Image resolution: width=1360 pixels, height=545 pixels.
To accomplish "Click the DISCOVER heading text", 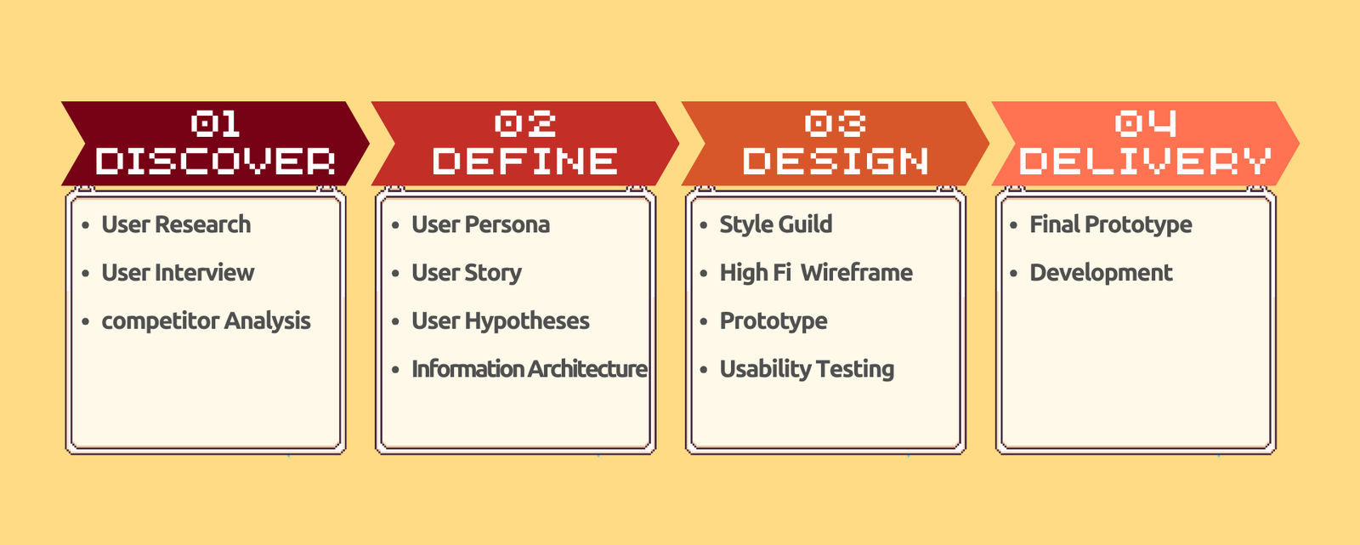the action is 216,161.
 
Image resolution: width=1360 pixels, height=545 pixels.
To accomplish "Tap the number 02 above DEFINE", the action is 525,123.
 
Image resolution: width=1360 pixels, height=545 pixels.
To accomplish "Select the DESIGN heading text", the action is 836,161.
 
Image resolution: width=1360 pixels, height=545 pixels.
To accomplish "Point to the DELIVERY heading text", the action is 1145,161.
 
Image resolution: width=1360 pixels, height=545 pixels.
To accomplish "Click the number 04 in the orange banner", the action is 1147,123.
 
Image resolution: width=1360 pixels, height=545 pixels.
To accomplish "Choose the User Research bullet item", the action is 176,224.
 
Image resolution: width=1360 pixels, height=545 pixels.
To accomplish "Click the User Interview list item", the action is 178,273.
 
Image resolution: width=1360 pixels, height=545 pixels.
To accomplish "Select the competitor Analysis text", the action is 206,321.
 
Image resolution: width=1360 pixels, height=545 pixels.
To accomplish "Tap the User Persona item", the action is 481,224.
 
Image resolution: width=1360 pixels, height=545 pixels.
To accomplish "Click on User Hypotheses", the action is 501,321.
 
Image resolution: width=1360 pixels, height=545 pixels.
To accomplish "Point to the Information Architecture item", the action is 530,369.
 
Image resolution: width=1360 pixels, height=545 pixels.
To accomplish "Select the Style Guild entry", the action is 776,224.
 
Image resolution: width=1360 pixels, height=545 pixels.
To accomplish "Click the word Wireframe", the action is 857,273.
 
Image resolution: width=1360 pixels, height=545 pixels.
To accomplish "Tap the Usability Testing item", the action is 807,369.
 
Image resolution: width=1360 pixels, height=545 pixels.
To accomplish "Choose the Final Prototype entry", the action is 1111,224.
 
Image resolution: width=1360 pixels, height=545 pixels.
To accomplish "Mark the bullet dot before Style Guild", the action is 705,225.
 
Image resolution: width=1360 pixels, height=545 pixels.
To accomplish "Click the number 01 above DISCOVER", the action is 216,123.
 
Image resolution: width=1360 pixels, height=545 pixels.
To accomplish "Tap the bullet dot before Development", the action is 1014,274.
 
